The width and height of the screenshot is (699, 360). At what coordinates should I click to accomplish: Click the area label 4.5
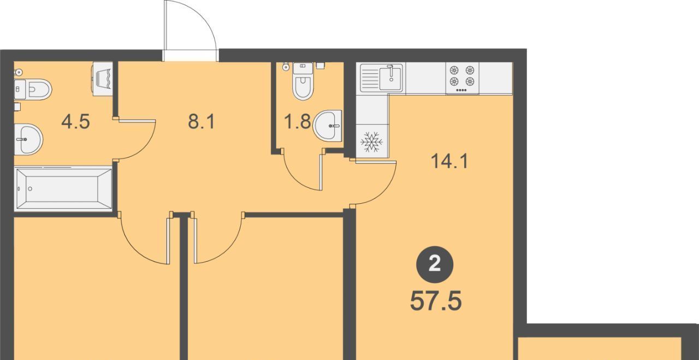coord(75,121)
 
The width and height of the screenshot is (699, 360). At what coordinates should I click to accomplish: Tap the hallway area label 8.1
coord(202,121)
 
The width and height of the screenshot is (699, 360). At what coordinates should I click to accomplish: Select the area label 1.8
coord(298,121)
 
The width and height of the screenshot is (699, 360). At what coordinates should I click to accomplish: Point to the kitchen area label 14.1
coord(449,162)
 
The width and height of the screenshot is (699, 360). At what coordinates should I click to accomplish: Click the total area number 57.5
coord(436,300)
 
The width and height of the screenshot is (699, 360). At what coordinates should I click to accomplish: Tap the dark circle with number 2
coord(435,265)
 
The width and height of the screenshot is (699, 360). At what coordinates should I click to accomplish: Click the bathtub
coord(63,188)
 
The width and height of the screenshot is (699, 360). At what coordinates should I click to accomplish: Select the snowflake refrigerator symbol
coord(371,142)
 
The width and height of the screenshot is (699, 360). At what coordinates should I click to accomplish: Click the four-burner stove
coord(462,78)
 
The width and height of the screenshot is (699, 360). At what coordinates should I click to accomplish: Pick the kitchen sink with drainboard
coord(383,78)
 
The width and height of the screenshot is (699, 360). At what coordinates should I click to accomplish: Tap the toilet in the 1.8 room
coord(303,81)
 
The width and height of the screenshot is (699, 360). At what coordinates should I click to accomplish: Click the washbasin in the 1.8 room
coord(327,126)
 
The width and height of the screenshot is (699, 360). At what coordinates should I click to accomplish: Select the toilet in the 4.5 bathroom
coord(33,89)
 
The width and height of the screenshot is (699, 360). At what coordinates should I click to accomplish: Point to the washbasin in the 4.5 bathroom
coord(28,139)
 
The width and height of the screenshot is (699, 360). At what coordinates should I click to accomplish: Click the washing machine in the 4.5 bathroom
coord(102,79)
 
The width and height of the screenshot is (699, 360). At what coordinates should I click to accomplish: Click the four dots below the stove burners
coord(462,90)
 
